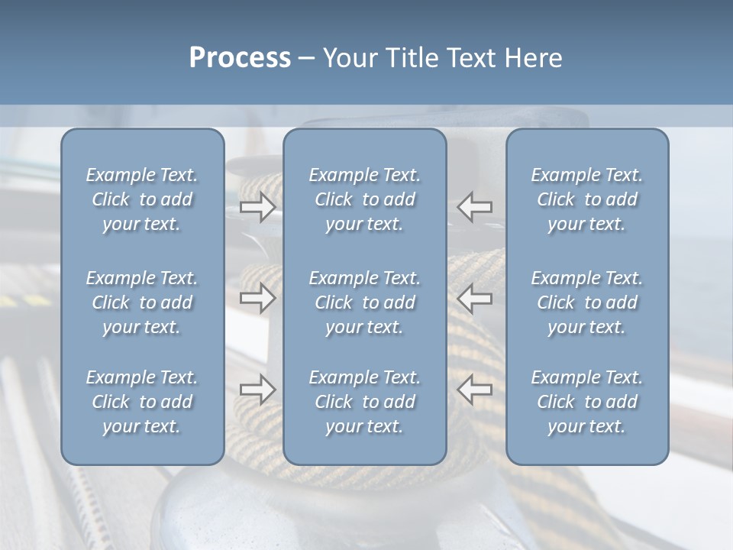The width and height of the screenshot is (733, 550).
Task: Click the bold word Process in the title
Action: [x=240, y=57]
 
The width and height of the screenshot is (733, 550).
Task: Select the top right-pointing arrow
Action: [x=257, y=207]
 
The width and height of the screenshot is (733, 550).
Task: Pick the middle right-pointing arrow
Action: [x=257, y=299]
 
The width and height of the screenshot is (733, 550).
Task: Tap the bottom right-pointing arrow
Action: [x=257, y=390]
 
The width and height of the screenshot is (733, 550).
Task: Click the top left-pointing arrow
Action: [x=475, y=207]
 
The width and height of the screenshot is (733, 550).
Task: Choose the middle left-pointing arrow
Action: [x=475, y=299]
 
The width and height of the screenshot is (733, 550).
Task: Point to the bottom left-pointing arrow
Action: [x=475, y=390]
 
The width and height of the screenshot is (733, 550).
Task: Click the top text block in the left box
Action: [x=142, y=199]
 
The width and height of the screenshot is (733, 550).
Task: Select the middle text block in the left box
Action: [x=142, y=302]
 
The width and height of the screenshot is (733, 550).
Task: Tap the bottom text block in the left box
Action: [x=142, y=402]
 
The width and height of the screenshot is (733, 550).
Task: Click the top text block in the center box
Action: [x=364, y=199]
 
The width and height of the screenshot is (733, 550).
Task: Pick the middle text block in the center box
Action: [x=364, y=302]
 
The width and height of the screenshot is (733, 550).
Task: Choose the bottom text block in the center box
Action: [x=364, y=402]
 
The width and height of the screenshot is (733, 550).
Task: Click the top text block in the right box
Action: [x=586, y=199]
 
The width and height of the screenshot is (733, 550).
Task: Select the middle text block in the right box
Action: [x=586, y=302]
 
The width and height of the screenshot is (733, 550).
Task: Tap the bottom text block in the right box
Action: [x=586, y=402]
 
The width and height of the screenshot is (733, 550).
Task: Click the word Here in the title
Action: [x=534, y=57]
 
